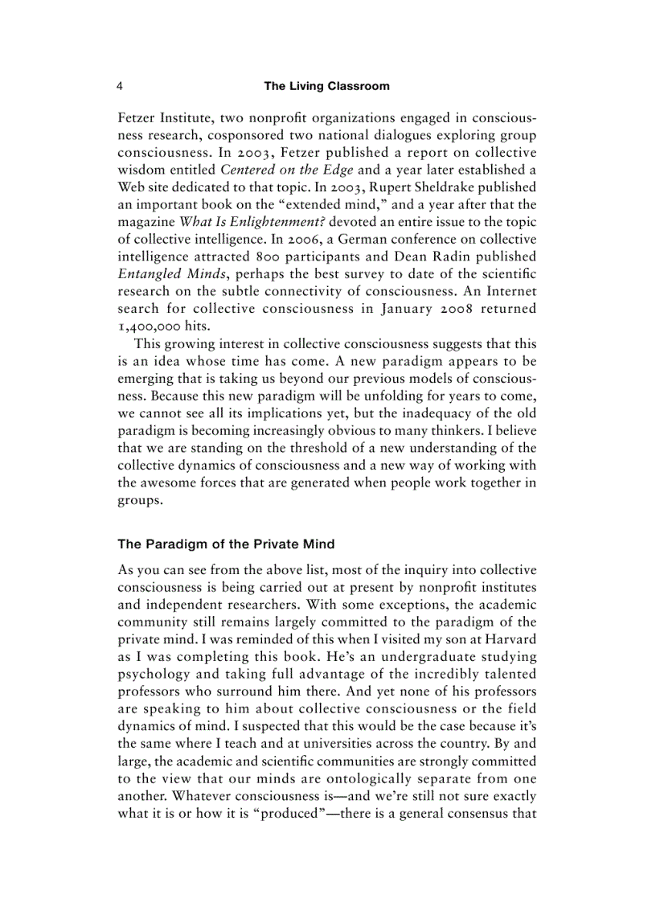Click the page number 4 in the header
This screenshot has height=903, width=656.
click(x=120, y=86)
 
